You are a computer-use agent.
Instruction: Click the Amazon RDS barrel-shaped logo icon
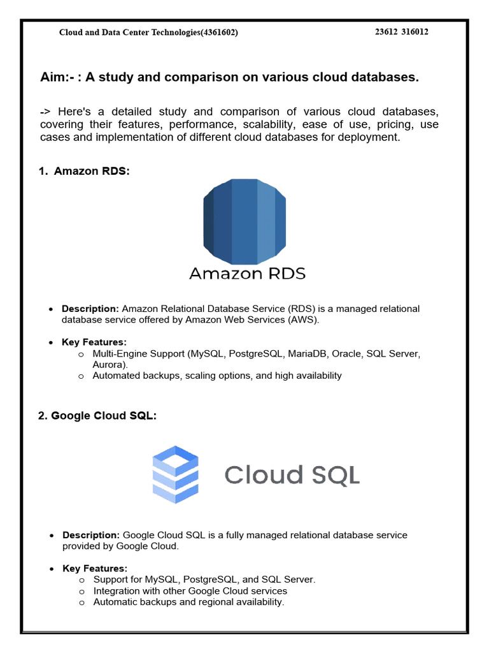(244, 221)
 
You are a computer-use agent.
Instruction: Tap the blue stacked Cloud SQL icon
(175, 474)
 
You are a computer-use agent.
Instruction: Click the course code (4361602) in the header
(219, 33)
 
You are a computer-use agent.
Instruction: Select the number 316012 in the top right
(415, 32)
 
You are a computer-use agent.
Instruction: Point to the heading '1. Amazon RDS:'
(84, 172)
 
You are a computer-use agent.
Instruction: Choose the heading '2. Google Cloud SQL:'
(97, 416)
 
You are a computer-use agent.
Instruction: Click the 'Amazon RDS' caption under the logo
(248, 274)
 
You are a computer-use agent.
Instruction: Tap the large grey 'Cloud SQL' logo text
(292, 475)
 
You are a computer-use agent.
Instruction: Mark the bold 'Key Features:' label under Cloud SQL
(95, 568)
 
